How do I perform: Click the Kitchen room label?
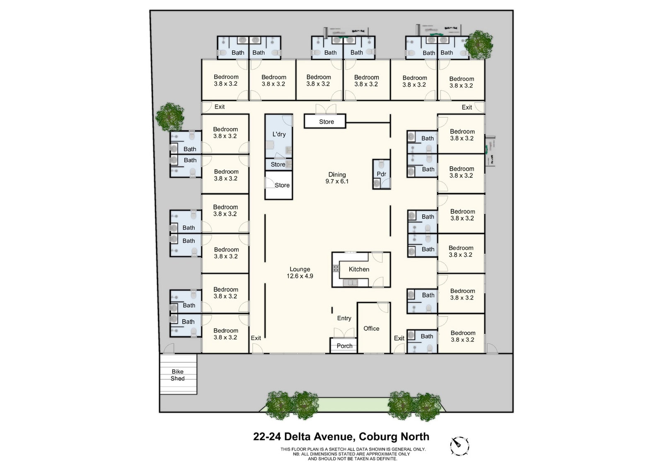(x=358, y=269)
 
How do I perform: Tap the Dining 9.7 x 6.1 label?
(x=337, y=178)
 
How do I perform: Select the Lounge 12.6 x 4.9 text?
(x=300, y=273)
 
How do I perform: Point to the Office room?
(x=371, y=329)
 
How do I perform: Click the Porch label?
(x=344, y=346)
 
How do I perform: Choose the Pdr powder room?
(x=381, y=174)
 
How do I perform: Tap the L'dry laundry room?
(x=279, y=134)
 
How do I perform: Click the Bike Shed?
(x=178, y=375)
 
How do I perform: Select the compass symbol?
(x=460, y=446)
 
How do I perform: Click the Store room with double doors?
(x=326, y=122)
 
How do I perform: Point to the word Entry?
(x=344, y=318)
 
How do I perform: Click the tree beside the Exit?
(x=170, y=117)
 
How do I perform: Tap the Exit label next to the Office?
(x=399, y=338)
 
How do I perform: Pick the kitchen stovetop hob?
(x=336, y=268)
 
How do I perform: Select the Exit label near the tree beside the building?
(x=219, y=107)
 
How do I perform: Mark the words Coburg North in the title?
(x=394, y=437)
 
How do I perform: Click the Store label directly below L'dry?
(x=278, y=164)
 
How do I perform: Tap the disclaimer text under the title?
(x=353, y=454)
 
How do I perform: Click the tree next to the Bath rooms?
(x=479, y=44)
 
